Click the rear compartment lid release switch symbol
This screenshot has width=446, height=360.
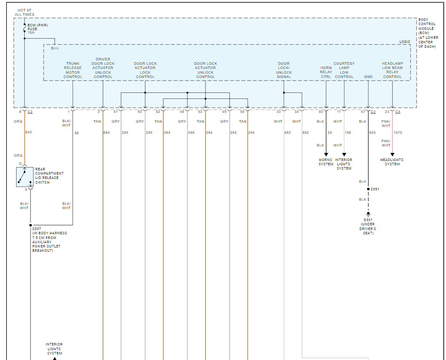(24, 177)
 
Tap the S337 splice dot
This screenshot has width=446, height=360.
(31, 225)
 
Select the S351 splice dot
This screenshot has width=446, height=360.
(368, 189)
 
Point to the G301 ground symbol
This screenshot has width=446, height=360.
(368, 215)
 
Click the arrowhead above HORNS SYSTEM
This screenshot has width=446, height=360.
(326, 155)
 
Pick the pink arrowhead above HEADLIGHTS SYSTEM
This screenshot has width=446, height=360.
(392, 155)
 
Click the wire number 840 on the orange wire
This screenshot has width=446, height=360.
(29, 132)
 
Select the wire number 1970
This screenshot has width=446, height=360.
(398, 132)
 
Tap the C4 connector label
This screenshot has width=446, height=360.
(398, 112)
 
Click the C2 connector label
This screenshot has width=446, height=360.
(30, 112)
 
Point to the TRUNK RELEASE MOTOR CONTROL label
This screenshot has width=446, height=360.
(73, 70)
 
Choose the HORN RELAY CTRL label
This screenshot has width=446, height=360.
(326, 72)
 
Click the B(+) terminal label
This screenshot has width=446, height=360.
(55, 49)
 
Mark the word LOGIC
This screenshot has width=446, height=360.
(405, 42)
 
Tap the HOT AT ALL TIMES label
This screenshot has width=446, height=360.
(24, 12)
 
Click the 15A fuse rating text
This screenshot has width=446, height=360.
(31, 33)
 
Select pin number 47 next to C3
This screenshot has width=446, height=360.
(363, 112)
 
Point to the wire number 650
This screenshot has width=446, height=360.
(373, 132)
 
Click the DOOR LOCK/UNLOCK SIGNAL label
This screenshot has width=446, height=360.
(284, 70)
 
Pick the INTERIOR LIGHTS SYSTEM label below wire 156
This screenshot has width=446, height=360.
(344, 164)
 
